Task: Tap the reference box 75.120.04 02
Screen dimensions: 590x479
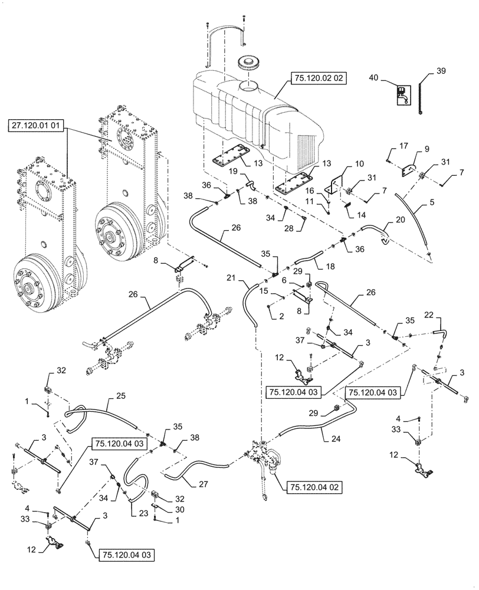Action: tap(315, 487)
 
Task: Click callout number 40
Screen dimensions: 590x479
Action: tap(373, 77)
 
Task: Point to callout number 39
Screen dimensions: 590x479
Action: tap(441, 71)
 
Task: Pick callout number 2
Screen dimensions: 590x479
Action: tap(281, 316)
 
